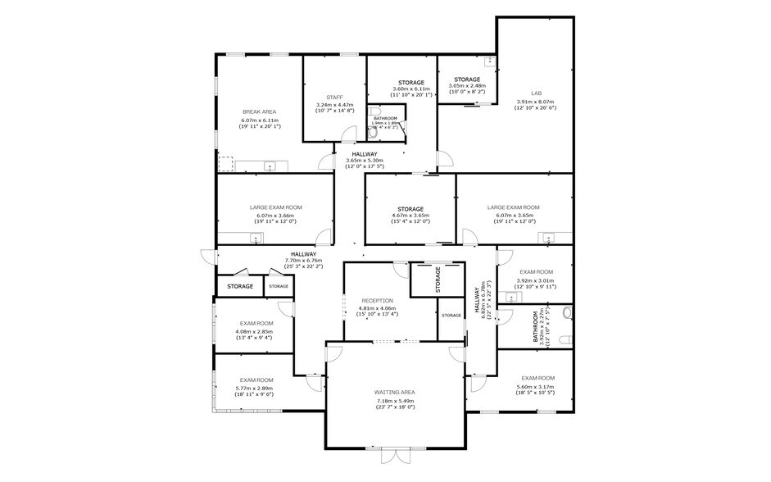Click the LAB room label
click(x=535, y=93)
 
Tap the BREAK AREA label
click(x=259, y=111)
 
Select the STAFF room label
click(x=334, y=97)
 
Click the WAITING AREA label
click(x=396, y=393)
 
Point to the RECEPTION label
click(x=378, y=301)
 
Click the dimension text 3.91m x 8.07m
click(x=535, y=102)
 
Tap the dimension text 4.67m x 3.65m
click(x=410, y=216)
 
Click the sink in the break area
click(x=271, y=167)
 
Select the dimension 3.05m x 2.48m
click(x=468, y=86)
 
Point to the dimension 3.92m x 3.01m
click(x=535, y=280)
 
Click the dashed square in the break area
click(x=225, y=163)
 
